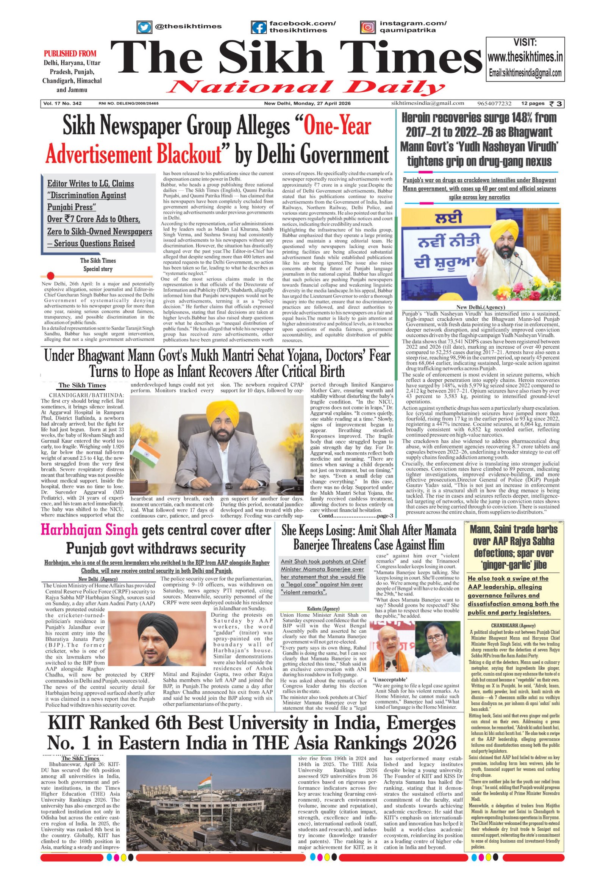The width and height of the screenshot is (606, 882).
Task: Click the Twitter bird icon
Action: (x=144, y=27)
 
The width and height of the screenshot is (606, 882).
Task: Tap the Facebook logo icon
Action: (x=259, y=27)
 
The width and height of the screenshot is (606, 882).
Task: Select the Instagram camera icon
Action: (x=367, y=27)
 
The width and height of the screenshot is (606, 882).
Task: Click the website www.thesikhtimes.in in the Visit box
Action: (x=525, y=57)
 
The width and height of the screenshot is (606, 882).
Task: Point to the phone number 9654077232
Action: (x=494, y=104)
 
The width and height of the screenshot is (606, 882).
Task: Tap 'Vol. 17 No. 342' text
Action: (x=62, y=104)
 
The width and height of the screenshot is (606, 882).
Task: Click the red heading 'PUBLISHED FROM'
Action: (x=70, y=53)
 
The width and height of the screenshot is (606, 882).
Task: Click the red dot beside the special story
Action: (x=50, y=276)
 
